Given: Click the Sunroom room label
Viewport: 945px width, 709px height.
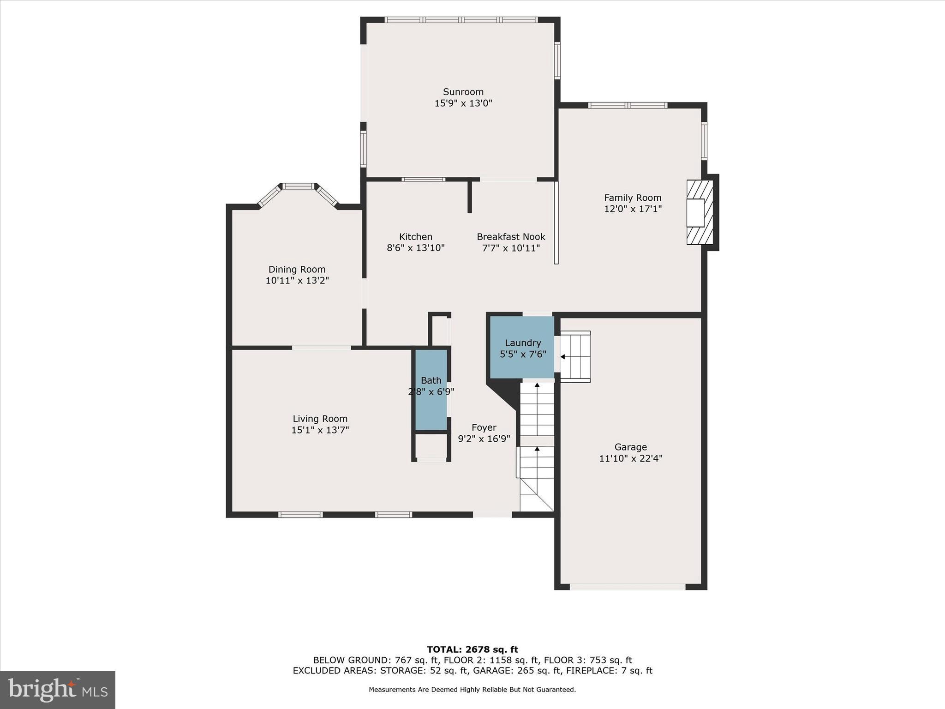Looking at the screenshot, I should (x=463, y=92).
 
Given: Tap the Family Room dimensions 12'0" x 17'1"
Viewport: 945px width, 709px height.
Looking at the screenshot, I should (x=633, y=209).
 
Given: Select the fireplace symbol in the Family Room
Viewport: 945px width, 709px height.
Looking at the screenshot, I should (x=699, y=212).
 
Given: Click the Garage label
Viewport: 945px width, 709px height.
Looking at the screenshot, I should (x=630, y=447).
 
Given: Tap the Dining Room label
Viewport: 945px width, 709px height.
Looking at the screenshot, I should (x=297, y=270).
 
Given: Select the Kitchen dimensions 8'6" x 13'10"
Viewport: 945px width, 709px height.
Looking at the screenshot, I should (x=415, y=248).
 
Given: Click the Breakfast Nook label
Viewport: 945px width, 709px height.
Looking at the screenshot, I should (x=511, y=237).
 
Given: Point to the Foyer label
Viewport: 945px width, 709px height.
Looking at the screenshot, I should (x=484, y=428).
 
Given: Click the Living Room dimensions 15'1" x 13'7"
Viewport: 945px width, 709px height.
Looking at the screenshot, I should (x=320, y=430).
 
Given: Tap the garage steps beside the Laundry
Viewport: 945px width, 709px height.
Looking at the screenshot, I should (x=575, y=356).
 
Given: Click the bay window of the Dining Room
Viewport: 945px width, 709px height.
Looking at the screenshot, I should (x=298, y=186).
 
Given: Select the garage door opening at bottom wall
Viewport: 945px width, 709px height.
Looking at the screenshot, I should (x=628, y=587).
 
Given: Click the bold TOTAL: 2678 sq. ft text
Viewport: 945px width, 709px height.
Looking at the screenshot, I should (x=472, y=650).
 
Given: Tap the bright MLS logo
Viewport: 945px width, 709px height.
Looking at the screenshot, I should (x=58, y=690).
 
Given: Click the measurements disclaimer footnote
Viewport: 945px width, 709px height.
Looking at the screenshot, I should (x=472, y=690).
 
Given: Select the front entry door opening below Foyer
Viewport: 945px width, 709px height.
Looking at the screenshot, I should (x=492, y=514).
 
